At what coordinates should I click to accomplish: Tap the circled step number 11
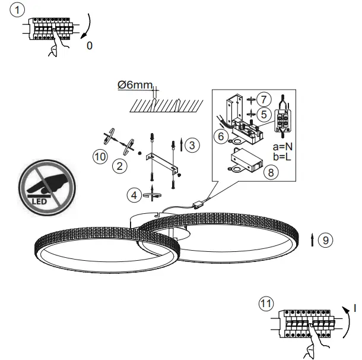coord(267,303)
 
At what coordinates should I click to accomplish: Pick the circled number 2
coord(120,166)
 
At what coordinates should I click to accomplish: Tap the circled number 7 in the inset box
coord(265,97)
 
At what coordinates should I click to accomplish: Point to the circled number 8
coord(270,173)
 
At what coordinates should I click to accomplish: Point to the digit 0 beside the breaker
coord(90,45)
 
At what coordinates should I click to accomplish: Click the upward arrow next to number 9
coord(312,240)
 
